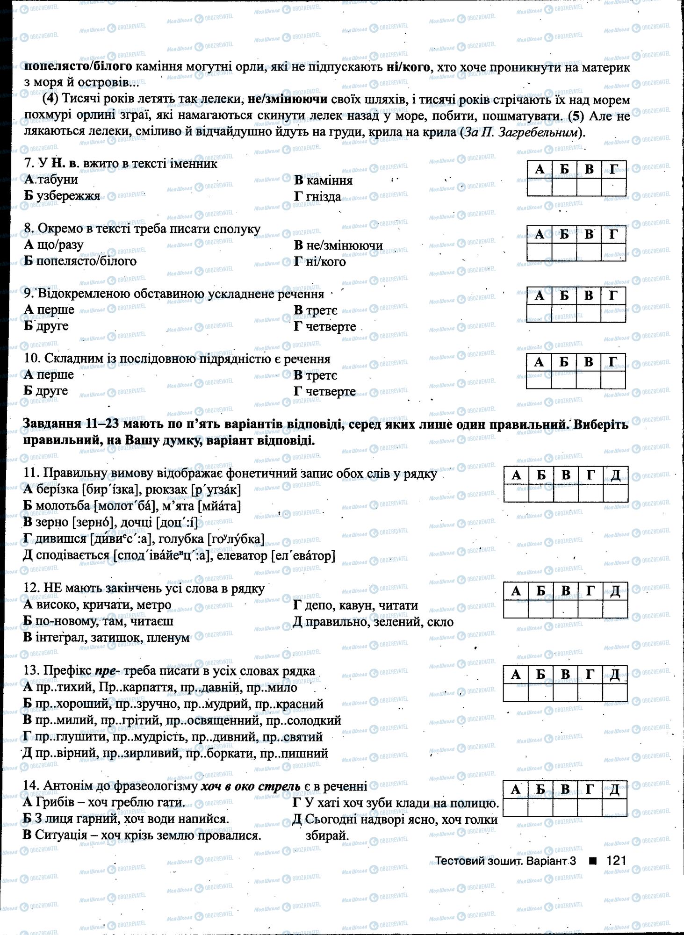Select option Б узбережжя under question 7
click(62, 196)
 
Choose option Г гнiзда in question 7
click(317, 197)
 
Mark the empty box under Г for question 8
click(613, 252)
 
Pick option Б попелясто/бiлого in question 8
click(80, 261)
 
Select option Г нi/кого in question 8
click(320, 262)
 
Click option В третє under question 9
click(316, 310)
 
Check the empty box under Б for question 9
click(563, 313)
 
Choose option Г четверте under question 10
click(324, 391)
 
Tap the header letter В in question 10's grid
click(588, 361)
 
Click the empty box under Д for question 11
click(615, 493)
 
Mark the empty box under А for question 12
click(516, 609)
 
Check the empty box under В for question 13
click(565, 692)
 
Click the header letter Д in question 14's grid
click(615, 790)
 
